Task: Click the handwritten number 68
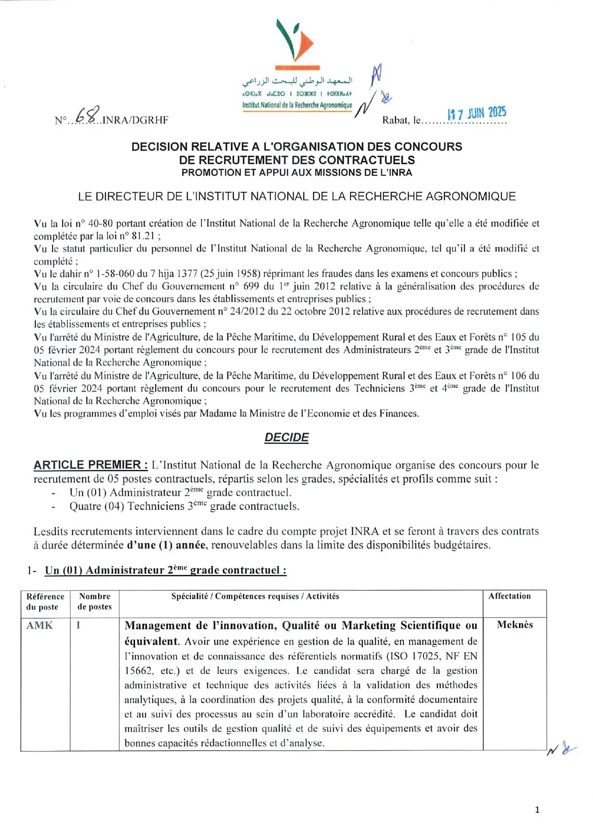(88, 115)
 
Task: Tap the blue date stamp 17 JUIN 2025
(477, 113)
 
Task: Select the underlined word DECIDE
(286, 438)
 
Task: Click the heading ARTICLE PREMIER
(90, 465)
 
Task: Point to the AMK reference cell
(40, 625)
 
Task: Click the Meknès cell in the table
(515, 625)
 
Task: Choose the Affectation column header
(509, 596)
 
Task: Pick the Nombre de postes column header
(95, 601)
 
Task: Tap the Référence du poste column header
(45, 601)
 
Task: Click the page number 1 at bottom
(537, 810)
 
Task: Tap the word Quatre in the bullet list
(85, 506)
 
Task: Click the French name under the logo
(297, 105)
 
